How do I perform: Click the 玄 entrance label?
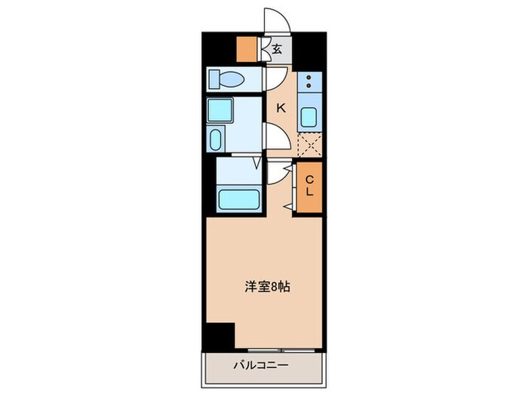(277, 51)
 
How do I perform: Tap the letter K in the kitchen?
(281, 108)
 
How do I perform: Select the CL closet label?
(309, 186)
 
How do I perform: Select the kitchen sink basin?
(309, 117)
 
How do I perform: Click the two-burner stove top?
(309, 82)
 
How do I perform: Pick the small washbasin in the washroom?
(216, 140)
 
